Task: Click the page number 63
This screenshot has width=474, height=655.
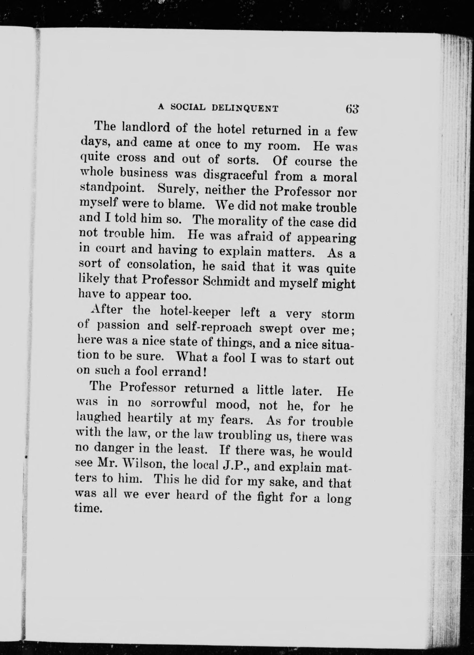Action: tap(352, 109)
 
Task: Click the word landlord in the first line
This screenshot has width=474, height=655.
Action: tap(146, 128)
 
